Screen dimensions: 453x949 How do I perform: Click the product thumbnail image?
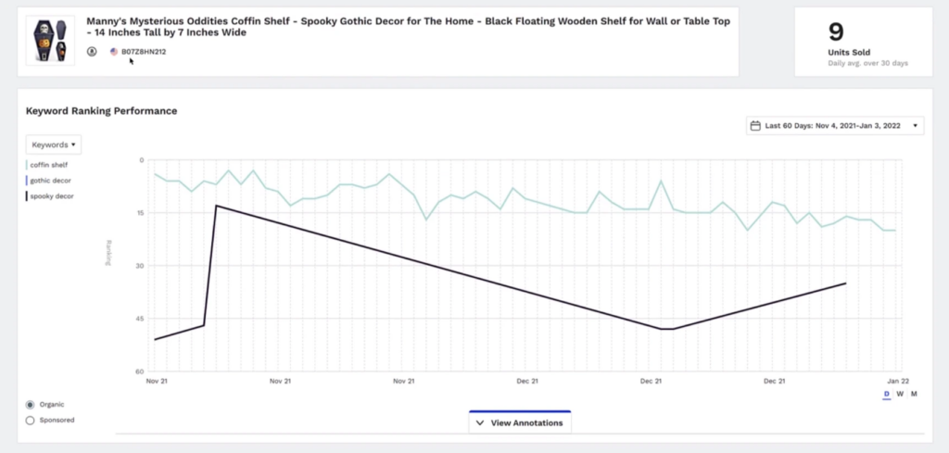pyautogui.click(x=49, y=39)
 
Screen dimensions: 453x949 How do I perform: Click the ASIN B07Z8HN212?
pyautogui.click(x=144, y=52)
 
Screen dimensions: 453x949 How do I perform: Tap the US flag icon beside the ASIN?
pyautogui.click(x=114, y=52)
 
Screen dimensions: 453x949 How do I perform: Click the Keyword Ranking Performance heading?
pyautogui.click(x=102, y=111)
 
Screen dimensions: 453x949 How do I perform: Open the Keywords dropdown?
pyautogui.click(x=54, y=145)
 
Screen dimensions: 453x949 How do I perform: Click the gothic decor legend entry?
pyautogui.click(x=51, y=181)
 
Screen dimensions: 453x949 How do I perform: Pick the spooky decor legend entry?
pyautogui.click(x=52, y=196)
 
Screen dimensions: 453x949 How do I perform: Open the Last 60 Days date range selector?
pyautogui.click(x=835, y=126)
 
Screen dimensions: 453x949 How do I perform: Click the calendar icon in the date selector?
pyautogui.click(x=755, y=126)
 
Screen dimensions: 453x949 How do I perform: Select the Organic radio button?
pyautogui.click(x=31, y=405)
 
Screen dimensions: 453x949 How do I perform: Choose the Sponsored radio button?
pyautogui.click(x=31, y=420)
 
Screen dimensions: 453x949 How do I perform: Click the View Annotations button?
pyautogui.click(x=520, y=422)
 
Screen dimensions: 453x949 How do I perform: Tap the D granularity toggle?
pyautogui.click(x=886, y=395)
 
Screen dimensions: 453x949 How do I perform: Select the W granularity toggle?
pyautogui.click(x=900, y=395)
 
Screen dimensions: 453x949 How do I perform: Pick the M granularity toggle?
pyautogui.click(x=914, y=395)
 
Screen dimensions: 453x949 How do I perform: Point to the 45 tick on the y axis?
pyautogui.click(x=140, y=319)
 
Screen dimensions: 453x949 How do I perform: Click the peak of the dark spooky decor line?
pyautogui.click(x=216, y=206)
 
